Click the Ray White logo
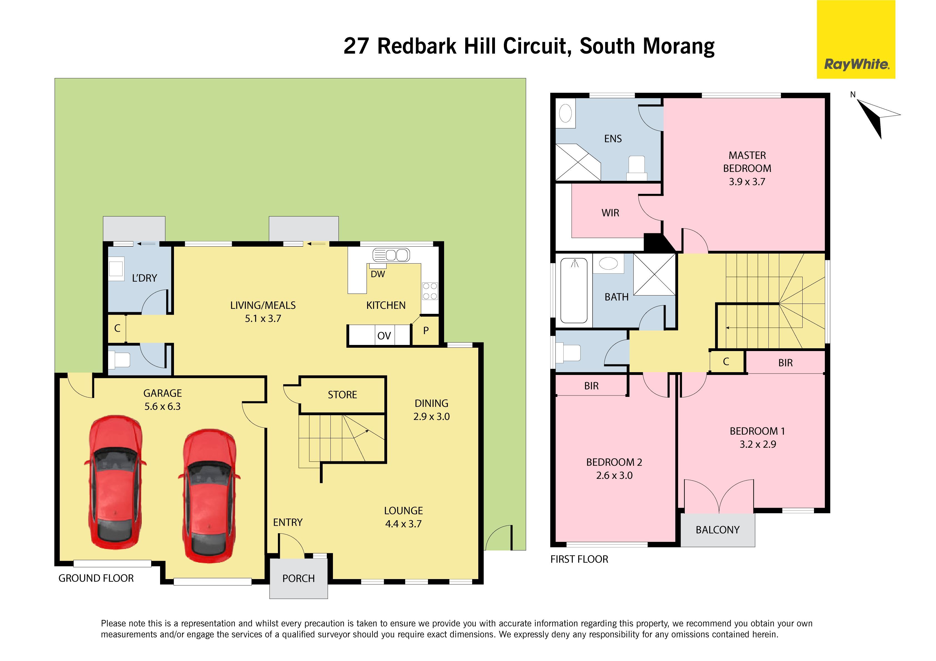click(856, 39)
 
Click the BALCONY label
click(718, 530)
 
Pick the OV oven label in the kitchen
click(384, 336)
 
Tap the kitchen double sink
click(391, 255)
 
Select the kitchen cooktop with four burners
click(430, 291)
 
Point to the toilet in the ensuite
click(636, 168)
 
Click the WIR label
click(610, 213)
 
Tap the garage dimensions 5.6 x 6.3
click(162, 406)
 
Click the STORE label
click(342, 394)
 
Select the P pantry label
click(426, 330)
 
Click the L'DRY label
click(144, 278)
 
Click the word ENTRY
click(288, 522)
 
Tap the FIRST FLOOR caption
click(579, 559)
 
